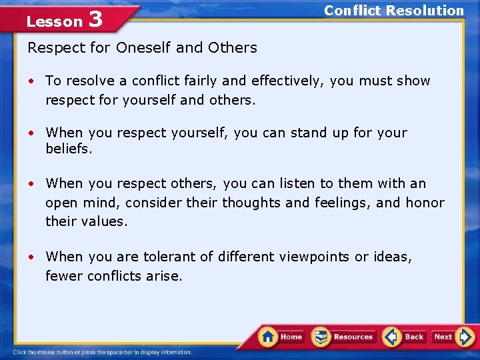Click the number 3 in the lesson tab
tap(95, 19)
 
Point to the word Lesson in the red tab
tap(54, 21)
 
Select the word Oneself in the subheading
tap(144, 47)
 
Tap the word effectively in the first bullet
tap(277, 81)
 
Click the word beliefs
tap(69, 149)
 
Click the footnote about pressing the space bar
tap(103, 352)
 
